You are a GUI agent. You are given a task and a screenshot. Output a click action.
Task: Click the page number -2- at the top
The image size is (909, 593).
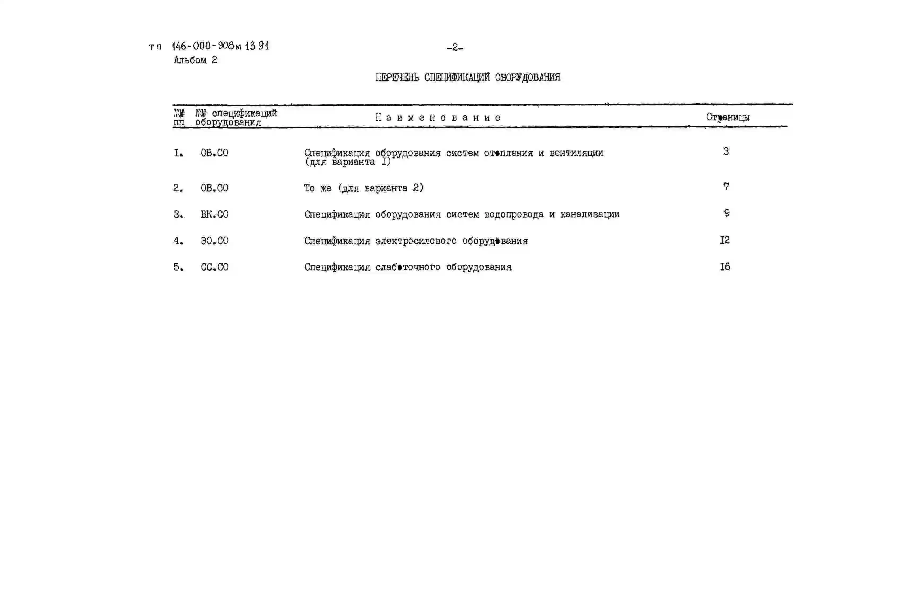[x=455, y=48]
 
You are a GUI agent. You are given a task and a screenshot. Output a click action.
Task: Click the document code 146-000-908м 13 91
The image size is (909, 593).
[x=220, y=46]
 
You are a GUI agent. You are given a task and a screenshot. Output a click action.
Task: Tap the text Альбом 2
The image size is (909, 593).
[x=195, y=60]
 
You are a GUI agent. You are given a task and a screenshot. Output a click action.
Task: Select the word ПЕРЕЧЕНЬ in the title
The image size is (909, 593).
[x=397, y=77]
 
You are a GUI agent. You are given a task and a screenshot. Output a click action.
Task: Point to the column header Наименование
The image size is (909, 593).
[x=438, y=118]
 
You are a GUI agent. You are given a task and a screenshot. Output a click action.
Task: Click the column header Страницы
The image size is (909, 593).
[x=728, y=117]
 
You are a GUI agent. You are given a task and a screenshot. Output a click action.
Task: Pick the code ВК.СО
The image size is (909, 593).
[x=214, y=214]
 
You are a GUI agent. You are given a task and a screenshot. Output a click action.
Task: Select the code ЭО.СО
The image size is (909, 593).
[x=214, y=241]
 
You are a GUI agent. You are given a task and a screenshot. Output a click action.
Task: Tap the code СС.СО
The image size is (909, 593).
[x=214, y=267]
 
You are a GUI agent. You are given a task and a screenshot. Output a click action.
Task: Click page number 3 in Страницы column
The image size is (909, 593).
[x=726, y=152]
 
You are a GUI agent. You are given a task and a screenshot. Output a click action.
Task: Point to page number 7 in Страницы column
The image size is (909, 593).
[x=726, y=187]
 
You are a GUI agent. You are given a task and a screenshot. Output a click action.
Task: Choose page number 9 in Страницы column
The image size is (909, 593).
[x=727, y=213]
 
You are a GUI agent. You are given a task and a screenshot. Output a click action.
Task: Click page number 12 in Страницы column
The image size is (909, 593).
[x=724, y=240]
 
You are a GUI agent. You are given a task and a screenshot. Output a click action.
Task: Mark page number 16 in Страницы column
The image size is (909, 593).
[x=725, y=267]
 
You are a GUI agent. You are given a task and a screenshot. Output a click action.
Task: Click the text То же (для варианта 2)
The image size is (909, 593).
[x=364, y=188]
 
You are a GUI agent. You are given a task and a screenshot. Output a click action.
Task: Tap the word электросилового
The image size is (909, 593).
[x=416, y=241]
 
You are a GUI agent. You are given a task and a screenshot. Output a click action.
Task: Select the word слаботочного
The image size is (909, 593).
[x=408, y=267]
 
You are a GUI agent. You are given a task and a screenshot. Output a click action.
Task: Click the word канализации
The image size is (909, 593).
[x=590, y=214]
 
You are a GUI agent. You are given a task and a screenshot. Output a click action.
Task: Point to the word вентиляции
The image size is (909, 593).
[x=576, y=153]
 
